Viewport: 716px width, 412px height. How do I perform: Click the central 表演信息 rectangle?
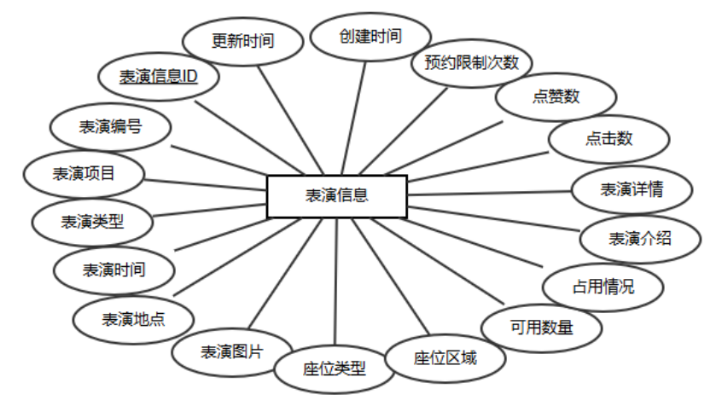tap(337, 196)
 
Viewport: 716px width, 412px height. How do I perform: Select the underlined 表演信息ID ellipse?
tap(158, 78)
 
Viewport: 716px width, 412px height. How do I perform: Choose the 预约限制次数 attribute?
tap(471, 63)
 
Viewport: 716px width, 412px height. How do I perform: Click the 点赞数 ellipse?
tap(556, 96)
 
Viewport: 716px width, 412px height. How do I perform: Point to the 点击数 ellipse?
tap(608, 139)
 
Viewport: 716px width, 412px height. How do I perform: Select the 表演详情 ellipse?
tap(631, 189)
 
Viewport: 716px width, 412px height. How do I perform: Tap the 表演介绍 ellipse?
tap(639, 238)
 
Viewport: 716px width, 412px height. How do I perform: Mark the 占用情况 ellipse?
tap(602, 287)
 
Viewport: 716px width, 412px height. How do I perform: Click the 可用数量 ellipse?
tap(541, 327)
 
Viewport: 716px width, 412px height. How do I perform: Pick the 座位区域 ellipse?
tap(445, 357)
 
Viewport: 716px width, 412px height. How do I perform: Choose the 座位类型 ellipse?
tap(334, 368)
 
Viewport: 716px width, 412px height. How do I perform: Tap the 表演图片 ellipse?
tap(231, 351)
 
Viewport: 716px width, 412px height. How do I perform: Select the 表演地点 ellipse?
tap(134, 320)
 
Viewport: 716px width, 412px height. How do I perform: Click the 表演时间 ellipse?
tap(114, 270)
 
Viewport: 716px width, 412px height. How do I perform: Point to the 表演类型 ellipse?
tap(92, 222)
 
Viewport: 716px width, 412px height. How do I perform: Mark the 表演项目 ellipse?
tap(84, 173)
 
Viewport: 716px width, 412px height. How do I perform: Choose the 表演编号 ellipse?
tap(110, 126)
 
